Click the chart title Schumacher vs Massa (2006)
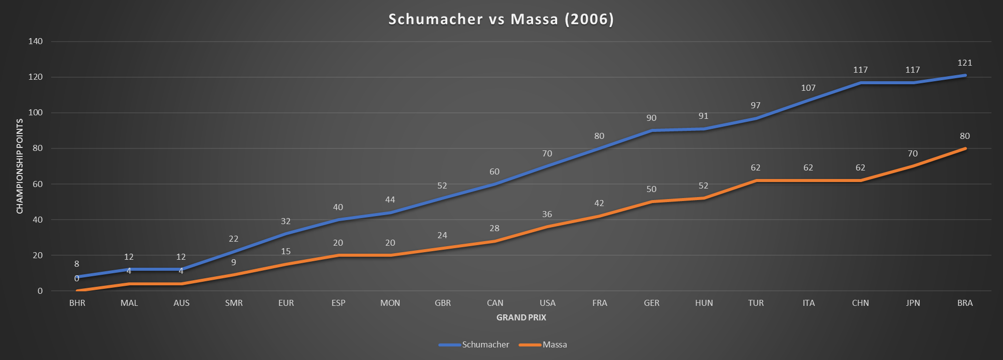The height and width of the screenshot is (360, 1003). pyautogui.click(x=501, y=19)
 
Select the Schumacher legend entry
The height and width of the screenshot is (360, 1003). pyautogui.click(x=485, y=344)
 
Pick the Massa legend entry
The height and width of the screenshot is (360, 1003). pyautogui.click(x=555, y=344)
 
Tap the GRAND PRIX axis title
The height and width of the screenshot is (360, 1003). pyautogui.click(x=521, y=317)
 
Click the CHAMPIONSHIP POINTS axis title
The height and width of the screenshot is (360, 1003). pyautogui.click(x=20, y=166)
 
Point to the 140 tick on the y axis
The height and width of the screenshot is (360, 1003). pyautogui.click(x=36, y=42)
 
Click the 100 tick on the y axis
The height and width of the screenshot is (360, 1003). pyautogui.click(x=36, y=113)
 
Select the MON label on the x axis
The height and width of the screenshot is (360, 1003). pyautogui.click(x=390, y=303)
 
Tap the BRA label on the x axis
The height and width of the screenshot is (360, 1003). pyautogui.click(x=965, y=303)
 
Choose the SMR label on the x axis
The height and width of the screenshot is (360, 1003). pyautogui.click(x=234, y=303)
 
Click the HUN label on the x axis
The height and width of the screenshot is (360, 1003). pyautogui.click(x=704, y=303)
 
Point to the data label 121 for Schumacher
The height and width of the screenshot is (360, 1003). pyautogui.click(x=965, y=63)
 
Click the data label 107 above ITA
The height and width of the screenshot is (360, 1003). pyautogui.click(x=808, y=88)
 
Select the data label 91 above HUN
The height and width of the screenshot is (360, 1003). pyautogui.click(x=704, y=116)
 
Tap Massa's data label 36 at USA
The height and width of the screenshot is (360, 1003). pyautogui.click(x=547, y=215)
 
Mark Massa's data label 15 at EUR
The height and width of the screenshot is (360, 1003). pyautogui.click(x=286, y=252)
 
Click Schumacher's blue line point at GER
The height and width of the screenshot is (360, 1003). pyautogui.click(x=651, y=130)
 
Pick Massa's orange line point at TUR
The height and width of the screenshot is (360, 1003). pyautogui.click(x=756, y=181)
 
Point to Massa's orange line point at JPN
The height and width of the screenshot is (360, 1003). pyautogui.click(x=913, y=166)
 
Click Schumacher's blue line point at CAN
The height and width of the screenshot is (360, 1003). pyautogui.click(x=495, y=184)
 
